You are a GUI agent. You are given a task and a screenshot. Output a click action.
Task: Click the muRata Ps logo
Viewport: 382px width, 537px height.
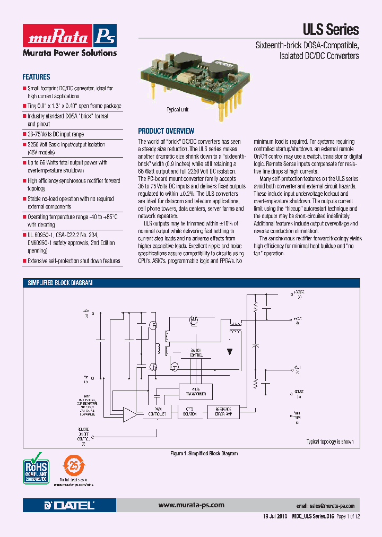tap(70, 36)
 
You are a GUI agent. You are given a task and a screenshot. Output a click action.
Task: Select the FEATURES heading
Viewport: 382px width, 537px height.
tap(36, 77)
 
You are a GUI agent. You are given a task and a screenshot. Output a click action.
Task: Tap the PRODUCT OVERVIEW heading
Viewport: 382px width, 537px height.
tap(166, 131)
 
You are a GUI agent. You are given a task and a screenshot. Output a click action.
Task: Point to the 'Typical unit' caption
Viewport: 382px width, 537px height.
tap(178, 110)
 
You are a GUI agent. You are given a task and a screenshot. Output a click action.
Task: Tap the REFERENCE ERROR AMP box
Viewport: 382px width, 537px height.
tap(227, 413)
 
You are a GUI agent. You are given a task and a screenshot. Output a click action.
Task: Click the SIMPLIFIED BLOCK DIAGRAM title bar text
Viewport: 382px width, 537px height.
tap(60, 283)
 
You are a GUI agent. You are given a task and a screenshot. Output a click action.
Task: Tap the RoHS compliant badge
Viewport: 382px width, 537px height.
tap(36, 467)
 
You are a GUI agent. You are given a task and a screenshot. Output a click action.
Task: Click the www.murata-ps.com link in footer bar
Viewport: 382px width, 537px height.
tap(191, 505)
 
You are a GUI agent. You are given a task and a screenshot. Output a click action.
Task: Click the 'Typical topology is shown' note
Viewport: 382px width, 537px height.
tap(329, 441)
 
